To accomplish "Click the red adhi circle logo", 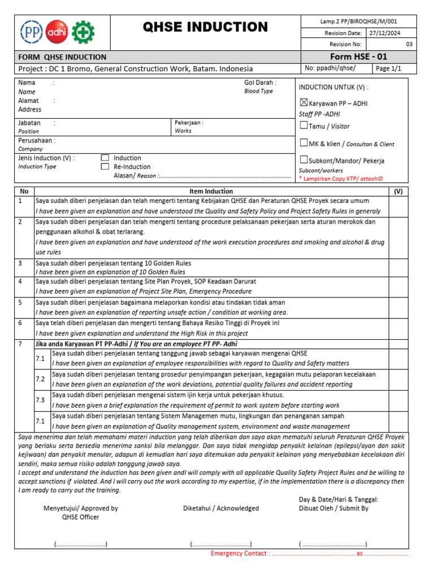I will tap(57, 31).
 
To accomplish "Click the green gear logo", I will tap(83, 31).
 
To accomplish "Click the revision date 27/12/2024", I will tap(385, 33).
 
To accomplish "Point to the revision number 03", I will tap(409, 45).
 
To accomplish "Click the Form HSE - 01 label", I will tap(359, 57).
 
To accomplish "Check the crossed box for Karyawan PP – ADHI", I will tap(303, 103).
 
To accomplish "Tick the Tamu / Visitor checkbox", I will tap(303, 125).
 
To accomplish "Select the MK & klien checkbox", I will tap(303, 143).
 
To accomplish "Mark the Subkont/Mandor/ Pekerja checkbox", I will tap(303, 159).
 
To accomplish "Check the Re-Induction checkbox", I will tap(105, 167).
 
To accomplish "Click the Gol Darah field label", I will tap(260, 83).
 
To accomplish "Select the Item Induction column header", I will tap(211, 191).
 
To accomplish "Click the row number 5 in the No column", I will tap(20, 303).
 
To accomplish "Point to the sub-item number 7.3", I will tap(40, 400).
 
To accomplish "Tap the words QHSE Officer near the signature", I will tap(80, 517).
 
